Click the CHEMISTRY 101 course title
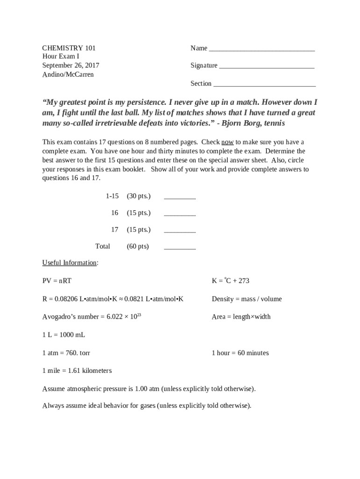[x=69, y=48]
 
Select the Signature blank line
[x=266, y=67]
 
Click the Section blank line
[x=264, y=85]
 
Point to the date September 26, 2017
[x=71, y=65]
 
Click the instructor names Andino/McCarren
[x=68, y=74]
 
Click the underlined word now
[x=227, y=142]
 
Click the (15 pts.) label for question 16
[x=138, y=213]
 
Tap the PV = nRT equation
[x=57, y=281]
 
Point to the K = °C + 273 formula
[x=230, y=281]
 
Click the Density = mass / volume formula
[x=246, y=299]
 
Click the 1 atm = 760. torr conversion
[x=66, y=353]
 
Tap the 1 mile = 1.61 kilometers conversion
[x=77, y=371]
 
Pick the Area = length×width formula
[x=241, y=317]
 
